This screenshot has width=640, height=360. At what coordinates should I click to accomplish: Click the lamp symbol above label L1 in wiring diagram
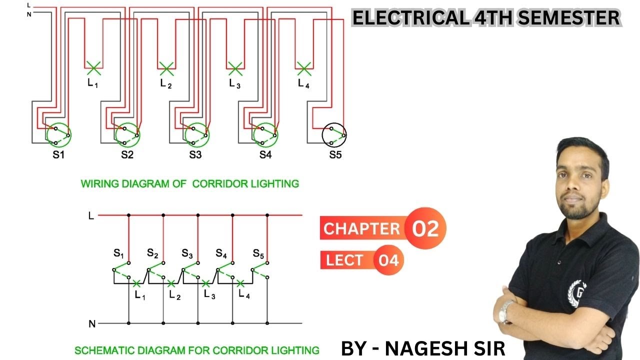click(x=93, y=65)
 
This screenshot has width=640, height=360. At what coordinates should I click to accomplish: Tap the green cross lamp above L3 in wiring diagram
click(x=234, y=66)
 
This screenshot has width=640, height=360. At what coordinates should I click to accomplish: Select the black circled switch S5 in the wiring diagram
click(x=334, y=134)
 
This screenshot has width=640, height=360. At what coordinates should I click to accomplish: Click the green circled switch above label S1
click(x=59, y=134)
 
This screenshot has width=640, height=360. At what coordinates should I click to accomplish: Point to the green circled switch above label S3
click(x=196, y=134)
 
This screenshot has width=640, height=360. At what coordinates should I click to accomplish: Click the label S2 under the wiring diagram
click(x=127, y=155)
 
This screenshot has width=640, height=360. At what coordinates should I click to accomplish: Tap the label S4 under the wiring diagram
click(x=265, y=155)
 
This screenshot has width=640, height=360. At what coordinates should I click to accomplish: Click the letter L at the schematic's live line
click(x=90, y=215)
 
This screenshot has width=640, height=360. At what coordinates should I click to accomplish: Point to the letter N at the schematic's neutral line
click(x=91, y=324)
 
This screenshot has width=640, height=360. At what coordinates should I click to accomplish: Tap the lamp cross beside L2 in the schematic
click(x=171, y=284)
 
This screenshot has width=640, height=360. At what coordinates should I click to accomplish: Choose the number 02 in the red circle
click(x=425, y=228)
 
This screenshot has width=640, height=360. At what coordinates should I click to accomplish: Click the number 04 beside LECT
click(x=388, y=260)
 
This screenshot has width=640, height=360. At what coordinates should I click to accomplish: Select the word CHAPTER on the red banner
click(x=361, y=229)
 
